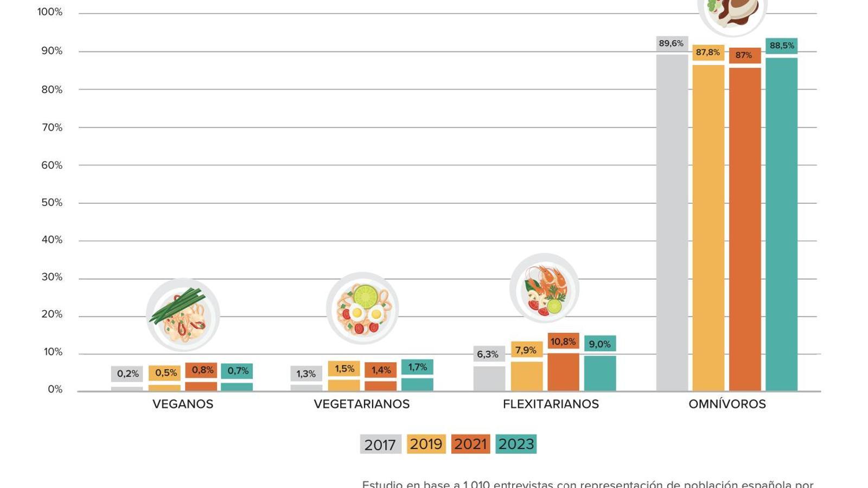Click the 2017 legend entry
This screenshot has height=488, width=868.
[380, 444]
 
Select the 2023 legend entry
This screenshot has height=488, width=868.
[516, 444]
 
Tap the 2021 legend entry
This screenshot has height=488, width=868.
[470, 444]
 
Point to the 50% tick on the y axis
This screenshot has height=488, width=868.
[52, 203]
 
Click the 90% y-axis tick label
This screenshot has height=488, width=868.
[52, 51]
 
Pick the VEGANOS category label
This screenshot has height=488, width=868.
[183, 404]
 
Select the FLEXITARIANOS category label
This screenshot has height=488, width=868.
[551, 404]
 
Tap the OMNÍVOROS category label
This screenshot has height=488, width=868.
[727, 404]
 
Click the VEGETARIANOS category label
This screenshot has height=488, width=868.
[362, 404]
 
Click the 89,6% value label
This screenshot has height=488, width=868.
[672, 43]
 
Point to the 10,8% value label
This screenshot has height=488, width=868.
[563, 342]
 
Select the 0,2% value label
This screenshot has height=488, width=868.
[127, 374]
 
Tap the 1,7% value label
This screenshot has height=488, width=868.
[417, 367]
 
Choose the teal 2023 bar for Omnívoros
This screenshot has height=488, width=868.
[782, 222]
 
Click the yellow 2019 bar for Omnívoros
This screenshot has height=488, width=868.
[709, 228]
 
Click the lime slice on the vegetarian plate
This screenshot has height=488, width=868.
[366, 296]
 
